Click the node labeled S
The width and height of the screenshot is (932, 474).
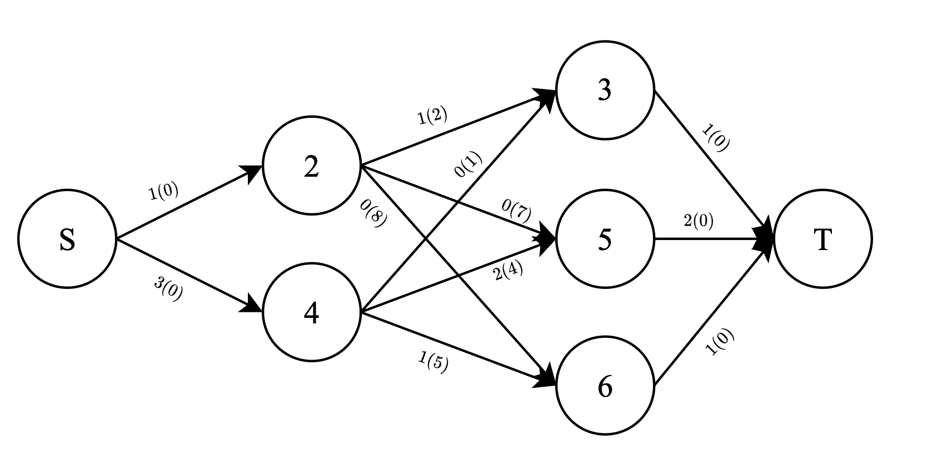coord(67,239)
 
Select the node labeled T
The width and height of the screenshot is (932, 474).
coord(823,239)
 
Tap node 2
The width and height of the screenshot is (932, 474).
coord(311,166)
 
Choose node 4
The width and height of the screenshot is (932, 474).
coord(311,313)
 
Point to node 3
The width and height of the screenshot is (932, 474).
coord(605,90)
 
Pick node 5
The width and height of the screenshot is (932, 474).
coord(605,239)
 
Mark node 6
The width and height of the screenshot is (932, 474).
coord(605,386)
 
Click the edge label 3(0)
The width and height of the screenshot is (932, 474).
coord(168,289)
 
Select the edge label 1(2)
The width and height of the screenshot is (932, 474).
coord(432,116)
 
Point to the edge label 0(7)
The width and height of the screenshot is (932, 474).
coord(516,211)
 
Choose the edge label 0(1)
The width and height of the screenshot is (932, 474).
coord(468,165)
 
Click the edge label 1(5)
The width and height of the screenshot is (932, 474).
coord(433,362)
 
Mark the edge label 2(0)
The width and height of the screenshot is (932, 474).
coord(699,221)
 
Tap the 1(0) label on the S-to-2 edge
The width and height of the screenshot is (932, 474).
coord(164,192)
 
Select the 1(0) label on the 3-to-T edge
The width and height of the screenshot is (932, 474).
coord(716,138)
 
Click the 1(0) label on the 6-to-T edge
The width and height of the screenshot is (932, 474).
coord(720,342)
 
